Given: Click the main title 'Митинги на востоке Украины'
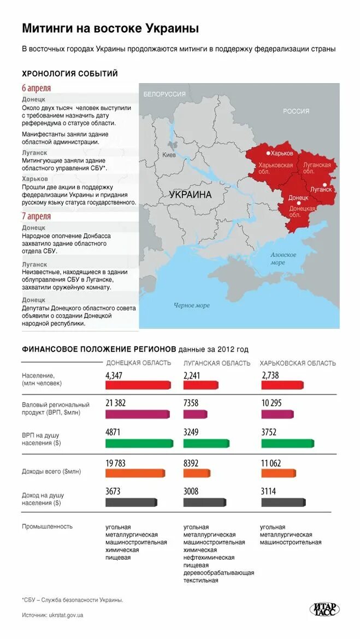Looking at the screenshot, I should tap(110, 28).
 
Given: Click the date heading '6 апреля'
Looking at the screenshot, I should tap(37, 88).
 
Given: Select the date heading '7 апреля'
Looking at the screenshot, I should tap(37, 216).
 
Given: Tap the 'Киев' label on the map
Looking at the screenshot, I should tap(169, 155).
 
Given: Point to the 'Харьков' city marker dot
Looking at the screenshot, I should tap(268, 153).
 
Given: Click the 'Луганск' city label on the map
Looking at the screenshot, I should tap(321, 190).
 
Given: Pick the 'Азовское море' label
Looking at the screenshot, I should tap(283, 259).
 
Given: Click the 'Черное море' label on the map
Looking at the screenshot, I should tap(191, 306).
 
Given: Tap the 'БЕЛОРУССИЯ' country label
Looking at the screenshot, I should tap(164, 94).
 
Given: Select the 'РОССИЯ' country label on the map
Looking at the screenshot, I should tap(296, 111).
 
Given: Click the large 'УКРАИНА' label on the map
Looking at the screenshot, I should tap(190, 195).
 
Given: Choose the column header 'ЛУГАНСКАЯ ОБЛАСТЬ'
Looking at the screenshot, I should tap(217, 363).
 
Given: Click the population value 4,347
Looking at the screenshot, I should tap(114, 376).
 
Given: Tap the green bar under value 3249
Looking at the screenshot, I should tap(206, 443).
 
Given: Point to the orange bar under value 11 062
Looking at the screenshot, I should tap(279, 473).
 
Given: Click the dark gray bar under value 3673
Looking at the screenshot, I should tap(131, 502).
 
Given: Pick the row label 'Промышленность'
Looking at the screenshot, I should tap(47, 526).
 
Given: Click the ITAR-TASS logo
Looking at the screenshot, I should tap(324, 608).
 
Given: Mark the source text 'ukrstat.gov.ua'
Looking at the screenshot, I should tap(66, 615).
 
